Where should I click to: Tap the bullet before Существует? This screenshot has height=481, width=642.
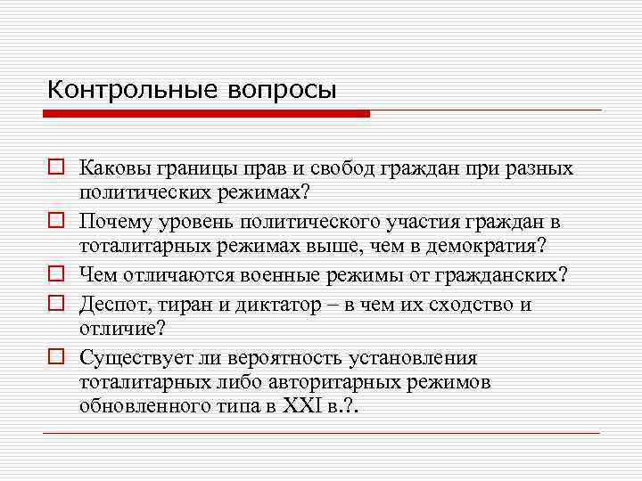pos(55,359)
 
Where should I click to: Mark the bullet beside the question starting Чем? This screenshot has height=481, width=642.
pos(55,274)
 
